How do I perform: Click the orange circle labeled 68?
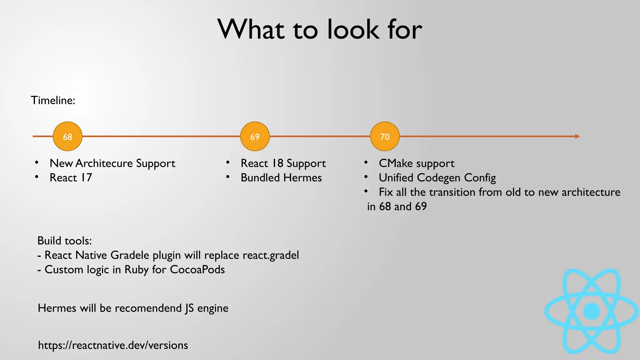click(x=67, y=137)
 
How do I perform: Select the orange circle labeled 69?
click(x=255, y=137)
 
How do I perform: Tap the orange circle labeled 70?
click(x=385, y=137)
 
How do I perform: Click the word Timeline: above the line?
click(x=53, y=100)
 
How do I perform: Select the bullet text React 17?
click(x=71, y=178)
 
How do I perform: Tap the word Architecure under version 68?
click(x=104, y=163)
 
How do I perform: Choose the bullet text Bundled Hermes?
click(x=281, y=178)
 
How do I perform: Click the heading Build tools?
click(x=64, y=241)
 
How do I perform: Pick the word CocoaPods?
click(x=197, y=270)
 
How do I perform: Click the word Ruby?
click(x=137, y=270)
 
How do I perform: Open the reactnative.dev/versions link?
click(x=113, y=345)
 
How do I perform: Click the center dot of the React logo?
click(x=592, y=311)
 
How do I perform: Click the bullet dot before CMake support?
click(x=366, y=162)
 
